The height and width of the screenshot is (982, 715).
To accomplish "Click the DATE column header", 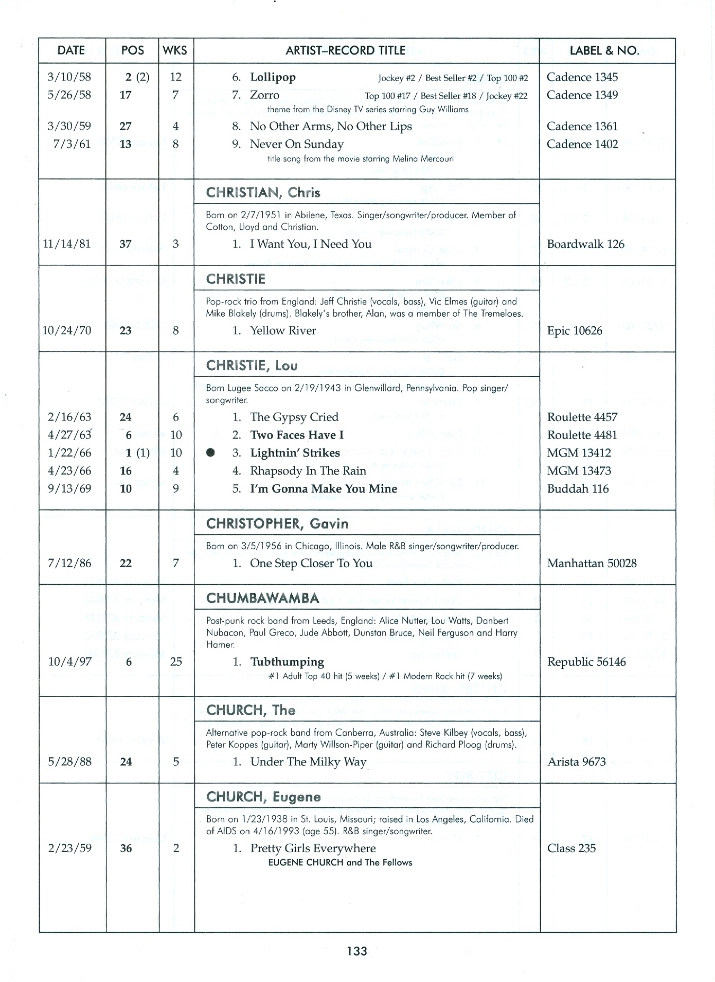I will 71,50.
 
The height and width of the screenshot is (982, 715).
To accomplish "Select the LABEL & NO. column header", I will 604,51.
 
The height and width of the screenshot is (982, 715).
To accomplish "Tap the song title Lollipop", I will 273,77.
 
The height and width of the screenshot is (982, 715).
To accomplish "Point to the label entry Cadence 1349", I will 582,95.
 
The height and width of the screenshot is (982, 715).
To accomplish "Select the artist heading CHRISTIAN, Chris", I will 263,192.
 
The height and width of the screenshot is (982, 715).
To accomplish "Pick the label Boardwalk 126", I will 586,244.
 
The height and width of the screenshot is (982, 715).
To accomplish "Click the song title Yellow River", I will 283,331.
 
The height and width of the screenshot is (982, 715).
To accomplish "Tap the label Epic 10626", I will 575,331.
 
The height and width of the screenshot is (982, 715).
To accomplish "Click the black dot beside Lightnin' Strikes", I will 211,452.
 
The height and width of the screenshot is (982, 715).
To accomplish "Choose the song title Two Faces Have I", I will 297,435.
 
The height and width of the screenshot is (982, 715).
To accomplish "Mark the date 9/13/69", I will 69,488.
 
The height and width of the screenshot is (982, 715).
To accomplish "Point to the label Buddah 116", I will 578,489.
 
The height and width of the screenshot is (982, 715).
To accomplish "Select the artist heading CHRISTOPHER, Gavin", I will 277,524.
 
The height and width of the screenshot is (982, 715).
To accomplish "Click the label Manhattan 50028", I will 592,563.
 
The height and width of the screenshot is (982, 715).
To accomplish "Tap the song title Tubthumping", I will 287,662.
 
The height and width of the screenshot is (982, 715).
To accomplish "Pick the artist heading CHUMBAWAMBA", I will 263,599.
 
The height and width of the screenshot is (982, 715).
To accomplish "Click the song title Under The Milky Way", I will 308,762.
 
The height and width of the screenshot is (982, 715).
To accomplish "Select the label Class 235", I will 571,848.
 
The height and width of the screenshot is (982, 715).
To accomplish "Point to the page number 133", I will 357,951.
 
